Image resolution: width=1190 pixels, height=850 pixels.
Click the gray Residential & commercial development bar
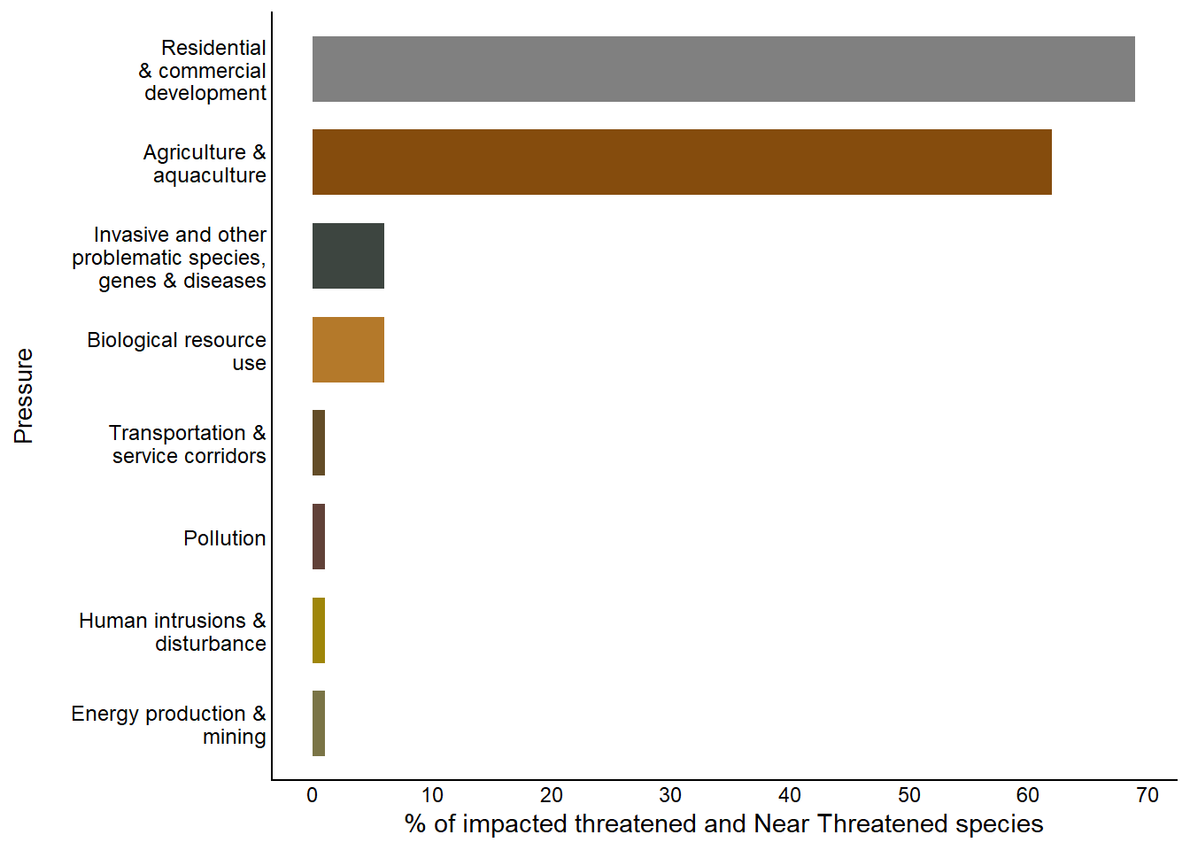pos(723,69)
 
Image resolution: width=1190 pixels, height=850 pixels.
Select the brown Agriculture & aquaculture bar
pos(682,162)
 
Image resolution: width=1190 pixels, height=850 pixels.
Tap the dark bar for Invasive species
pos(348,256)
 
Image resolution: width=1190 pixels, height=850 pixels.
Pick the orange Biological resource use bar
pos(348,350)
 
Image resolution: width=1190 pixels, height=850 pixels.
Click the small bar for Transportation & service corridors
pos(319,443)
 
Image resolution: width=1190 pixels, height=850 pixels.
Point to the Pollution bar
pos(319,537)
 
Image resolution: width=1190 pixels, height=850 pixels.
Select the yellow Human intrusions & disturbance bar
pos(319,630)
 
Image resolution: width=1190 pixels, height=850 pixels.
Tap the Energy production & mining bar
pos(319,723)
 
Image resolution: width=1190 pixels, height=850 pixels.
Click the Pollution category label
pos(224,538)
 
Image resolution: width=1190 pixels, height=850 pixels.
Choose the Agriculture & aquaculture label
pos(205,164)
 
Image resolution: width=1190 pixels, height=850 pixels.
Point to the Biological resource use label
pos(177,352)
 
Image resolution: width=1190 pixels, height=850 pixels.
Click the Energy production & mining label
pos(169,725)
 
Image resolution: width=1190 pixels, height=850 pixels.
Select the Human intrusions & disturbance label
pos(173,632)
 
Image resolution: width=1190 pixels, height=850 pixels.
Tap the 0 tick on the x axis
pos(313,795)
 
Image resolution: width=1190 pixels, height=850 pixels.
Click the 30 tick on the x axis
pos(670,795)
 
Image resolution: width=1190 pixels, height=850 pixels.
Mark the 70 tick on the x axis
pos(1147,795)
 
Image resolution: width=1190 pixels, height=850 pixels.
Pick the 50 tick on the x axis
pos(908,795)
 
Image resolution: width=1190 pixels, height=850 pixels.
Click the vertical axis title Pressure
pos(24,396)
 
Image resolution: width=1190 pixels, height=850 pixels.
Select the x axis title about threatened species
pos(723,824)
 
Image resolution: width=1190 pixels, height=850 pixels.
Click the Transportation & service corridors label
pos(188,444)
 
